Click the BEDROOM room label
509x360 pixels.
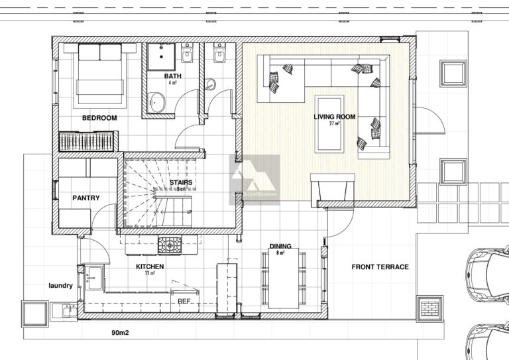coord(99,118)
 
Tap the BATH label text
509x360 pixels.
coord(173,76)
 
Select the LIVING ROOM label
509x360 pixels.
coord(335,117)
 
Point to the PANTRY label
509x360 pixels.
coord(85,198)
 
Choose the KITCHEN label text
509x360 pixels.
coord(150,267)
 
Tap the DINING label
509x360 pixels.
coord(280,247)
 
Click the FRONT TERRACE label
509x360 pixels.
coord(380,267)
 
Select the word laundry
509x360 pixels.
coord(60,286)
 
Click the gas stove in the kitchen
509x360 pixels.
coord(169,245)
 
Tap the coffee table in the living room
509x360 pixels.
coord(327,123)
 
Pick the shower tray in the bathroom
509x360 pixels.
coord(159,58)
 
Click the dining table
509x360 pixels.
coord(284,278)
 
